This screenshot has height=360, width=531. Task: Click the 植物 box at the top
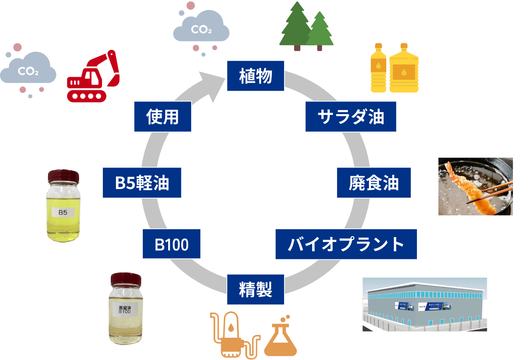point(255,76)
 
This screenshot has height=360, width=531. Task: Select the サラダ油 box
point(351,117)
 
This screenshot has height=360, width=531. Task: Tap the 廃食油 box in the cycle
point(374,183)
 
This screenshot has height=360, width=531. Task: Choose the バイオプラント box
point(346,244)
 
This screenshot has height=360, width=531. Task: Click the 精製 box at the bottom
point(255,289)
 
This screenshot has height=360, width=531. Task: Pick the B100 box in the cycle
point(171,244)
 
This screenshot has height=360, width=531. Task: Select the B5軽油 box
point(142,183)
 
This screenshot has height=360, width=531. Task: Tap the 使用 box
point(162,117)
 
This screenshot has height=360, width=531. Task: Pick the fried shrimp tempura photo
point(475,186)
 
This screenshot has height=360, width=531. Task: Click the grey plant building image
point(425,304)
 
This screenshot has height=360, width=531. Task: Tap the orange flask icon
point(281,338)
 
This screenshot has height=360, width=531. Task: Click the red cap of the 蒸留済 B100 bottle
point(126,279)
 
